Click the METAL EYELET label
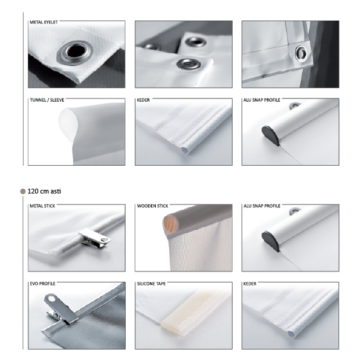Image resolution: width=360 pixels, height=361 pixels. click(x=43, y=22)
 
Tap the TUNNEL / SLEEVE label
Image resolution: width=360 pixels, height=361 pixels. click(x=47, y=100)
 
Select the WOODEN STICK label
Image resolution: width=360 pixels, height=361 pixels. click(x=152, y=206)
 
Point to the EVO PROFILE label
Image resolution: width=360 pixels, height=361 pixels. click(x=42, y=284)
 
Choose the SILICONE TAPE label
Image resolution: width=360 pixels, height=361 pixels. click(x=151, y=284)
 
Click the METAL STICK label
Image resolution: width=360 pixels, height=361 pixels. click(x=42, y=206)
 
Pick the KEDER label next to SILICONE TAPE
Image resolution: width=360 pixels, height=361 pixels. click(x=250, y=284)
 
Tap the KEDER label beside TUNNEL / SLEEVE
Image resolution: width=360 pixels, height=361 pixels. click(x=143, y=100)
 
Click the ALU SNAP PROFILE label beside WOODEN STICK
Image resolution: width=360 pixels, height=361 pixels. click(x=262, y=206)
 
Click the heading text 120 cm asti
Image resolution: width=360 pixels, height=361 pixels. click(x=44, y=191)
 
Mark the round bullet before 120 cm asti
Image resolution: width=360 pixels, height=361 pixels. click(x=23, y=191)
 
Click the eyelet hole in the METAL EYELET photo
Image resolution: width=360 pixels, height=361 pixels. click(x=76, y=51)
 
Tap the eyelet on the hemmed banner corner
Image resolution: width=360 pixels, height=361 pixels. click(x=301, y=53)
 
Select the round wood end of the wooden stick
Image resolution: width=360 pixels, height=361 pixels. click(x=170, y=224)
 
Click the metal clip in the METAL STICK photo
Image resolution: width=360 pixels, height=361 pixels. click(x=94, y=238)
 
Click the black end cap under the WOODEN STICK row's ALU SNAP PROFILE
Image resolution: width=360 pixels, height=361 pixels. click(x=271, y=241)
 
